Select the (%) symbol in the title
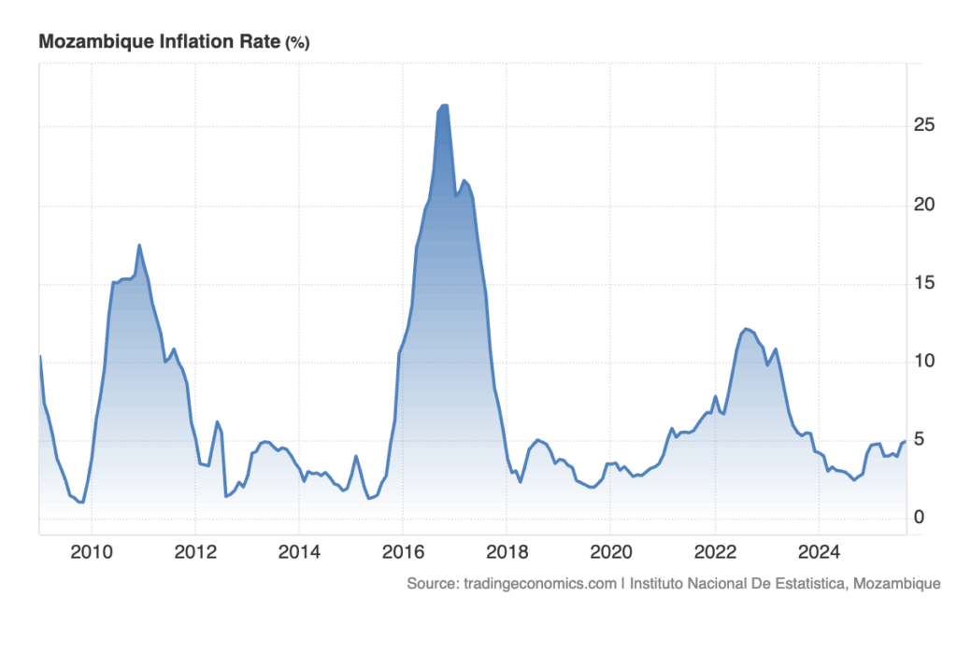click(x=297, y=42)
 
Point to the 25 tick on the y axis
click(x=922, y=125)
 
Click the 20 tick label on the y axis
click(x=922, y=205)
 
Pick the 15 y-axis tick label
click(x=922, y=283)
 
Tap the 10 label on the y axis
click(x=922, y=362)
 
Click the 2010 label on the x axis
click(x=92, y=551)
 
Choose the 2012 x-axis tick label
click(x=195, y=551)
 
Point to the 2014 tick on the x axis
click(x=299, y=551)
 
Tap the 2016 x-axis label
click(x=403, y=551)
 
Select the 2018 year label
click(x=507, y=551)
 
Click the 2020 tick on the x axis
click(x=610, y=551)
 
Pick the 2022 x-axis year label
click(x=714, y=551)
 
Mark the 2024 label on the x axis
click(x=818, y=551)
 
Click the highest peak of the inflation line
click(x=444, y=106)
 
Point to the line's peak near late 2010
click(x=139, y=246)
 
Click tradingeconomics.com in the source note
click(x=538, y=584)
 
